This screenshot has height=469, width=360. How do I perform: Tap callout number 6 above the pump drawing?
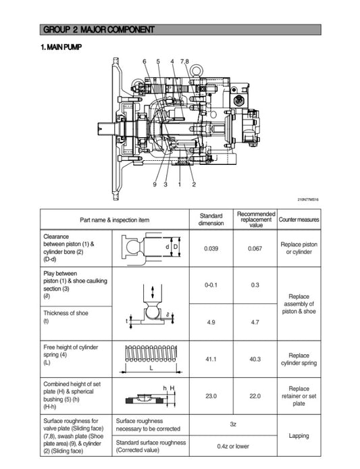click(145, 61)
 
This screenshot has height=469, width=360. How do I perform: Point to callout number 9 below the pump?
click(154, 184)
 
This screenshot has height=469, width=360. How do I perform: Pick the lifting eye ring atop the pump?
click(197, 69)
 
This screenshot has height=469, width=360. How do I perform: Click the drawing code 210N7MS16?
click(308, 199)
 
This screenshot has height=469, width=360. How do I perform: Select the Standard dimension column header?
click(211, 219)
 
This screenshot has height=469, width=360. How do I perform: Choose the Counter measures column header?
click(299, 219)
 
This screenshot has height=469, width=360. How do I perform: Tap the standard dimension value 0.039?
click(211, 248)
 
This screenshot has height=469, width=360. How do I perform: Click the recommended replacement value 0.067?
click(255, 248)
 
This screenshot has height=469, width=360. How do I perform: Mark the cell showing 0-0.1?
click(211, 285)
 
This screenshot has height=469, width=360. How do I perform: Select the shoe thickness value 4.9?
click(211, 322)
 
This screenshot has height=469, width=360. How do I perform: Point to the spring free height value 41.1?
click(211, 359)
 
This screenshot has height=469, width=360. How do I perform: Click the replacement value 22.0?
click(255, 396)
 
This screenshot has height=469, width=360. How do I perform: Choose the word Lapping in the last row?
click(299, 437)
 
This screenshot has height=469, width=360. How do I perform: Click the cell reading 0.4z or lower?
click(232, 446)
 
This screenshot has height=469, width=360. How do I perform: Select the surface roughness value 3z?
click(232, 424)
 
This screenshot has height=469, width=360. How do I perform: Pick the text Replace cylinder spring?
click(299, 359)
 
